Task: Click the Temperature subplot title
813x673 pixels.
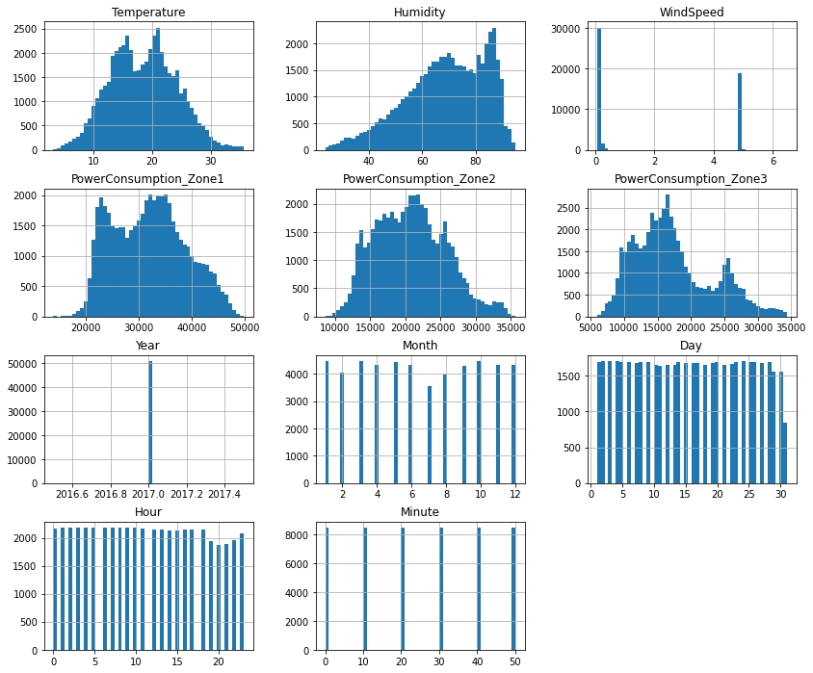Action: pyautogui.click(x=149, y=13)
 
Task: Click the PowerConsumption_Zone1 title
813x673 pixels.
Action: pyautogui.click(x=149, y=179)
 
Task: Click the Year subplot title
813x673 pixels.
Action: pyautogui.click(x=149, y=346)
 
